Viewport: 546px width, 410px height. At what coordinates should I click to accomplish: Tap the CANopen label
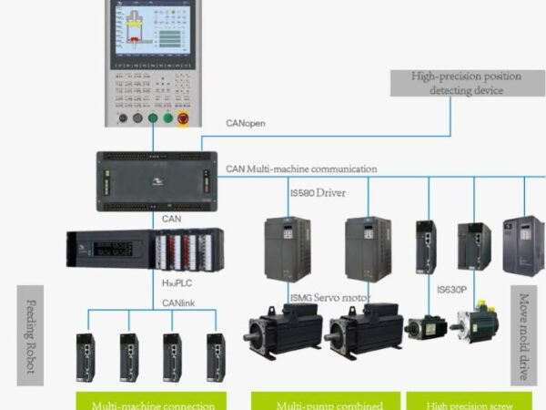click(x=246, y=124)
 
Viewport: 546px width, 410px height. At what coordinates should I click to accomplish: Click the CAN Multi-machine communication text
click(x=300, y=169)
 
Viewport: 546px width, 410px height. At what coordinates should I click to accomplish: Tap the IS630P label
click(x=451, y=290)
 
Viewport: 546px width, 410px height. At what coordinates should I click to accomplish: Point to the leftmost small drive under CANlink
click(x=89, y=356)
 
